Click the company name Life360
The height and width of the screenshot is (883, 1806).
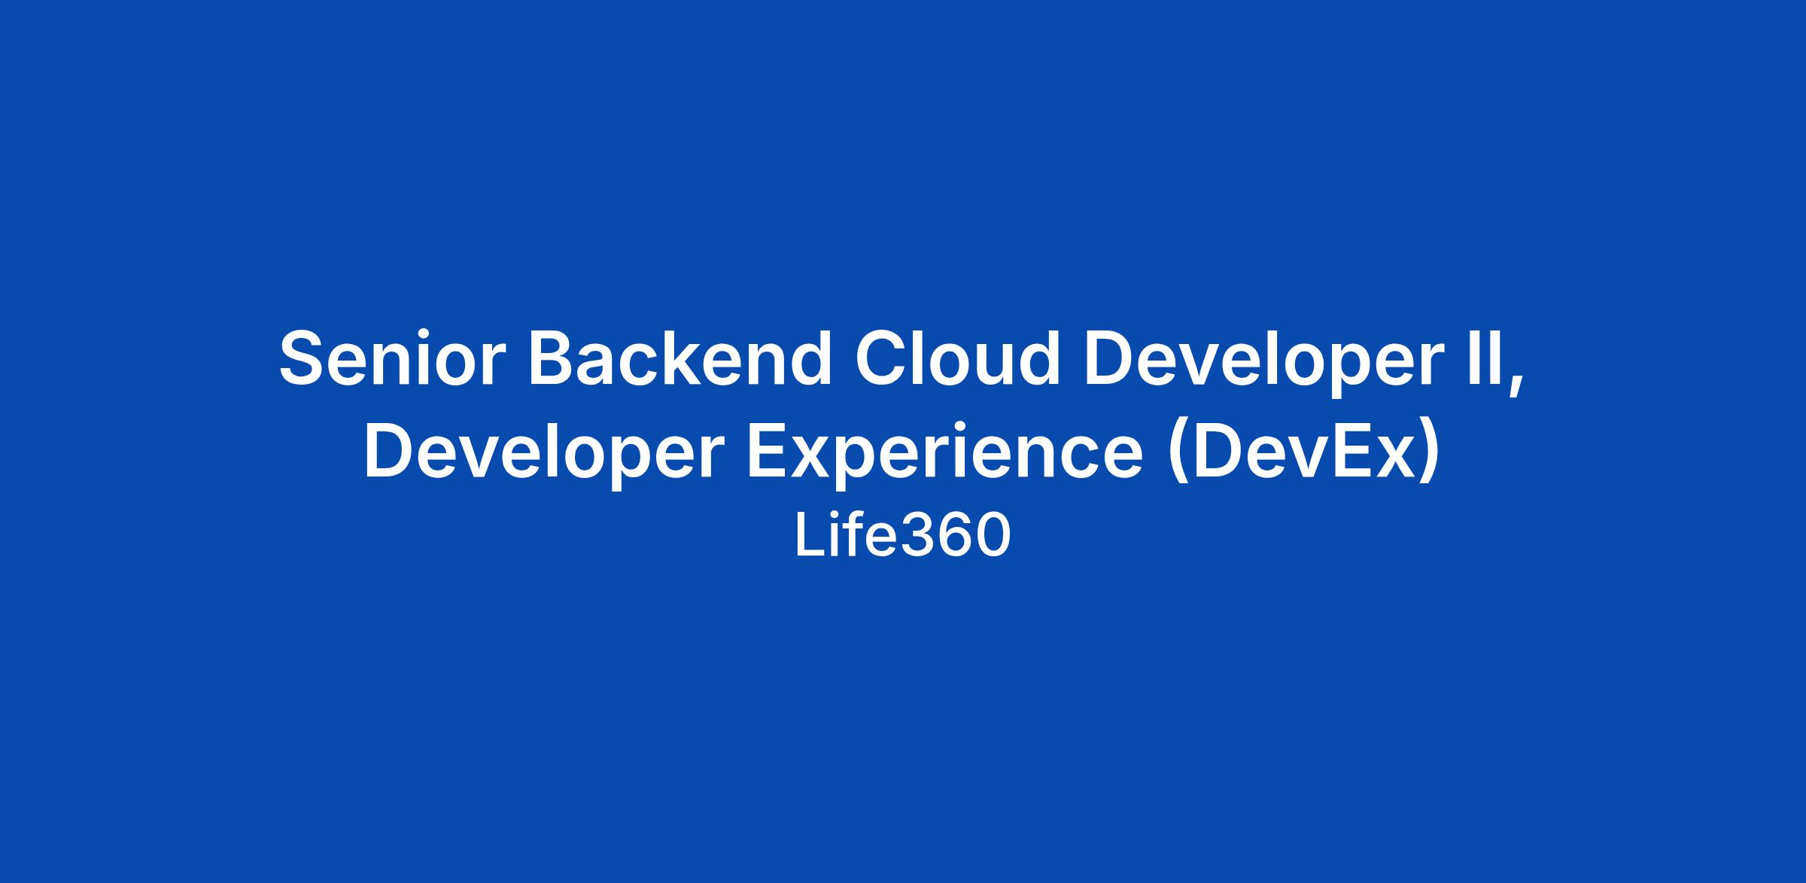902,536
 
